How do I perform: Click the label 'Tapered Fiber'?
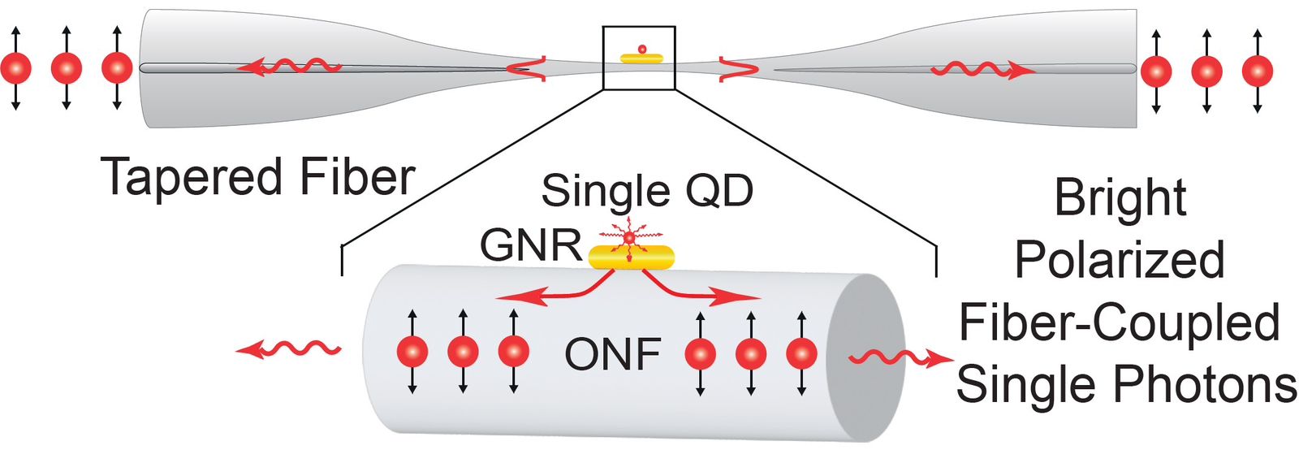[258, 177]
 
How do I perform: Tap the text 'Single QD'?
[647, 192]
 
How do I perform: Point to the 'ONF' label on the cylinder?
[613, 354]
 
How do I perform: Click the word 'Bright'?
[1120, 197]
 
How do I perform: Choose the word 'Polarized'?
[1120, 260]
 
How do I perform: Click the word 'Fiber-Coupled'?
[1120, 322]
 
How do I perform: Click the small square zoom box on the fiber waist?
[639, 58]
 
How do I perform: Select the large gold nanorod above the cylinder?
[632, 257]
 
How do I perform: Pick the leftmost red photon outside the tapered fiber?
[15, 68]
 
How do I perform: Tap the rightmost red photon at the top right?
[1257, 71]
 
